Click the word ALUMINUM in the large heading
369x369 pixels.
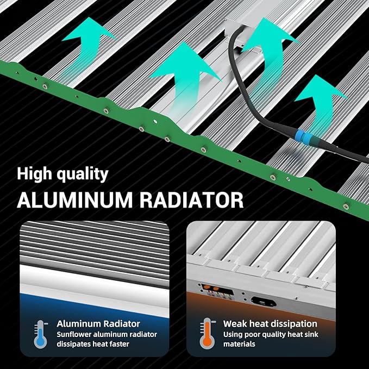point(75,200)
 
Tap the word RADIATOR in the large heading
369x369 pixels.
point(191,200)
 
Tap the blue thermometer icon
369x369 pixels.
point(40,334)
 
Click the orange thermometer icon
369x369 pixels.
point(208,333)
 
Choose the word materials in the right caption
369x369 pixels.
point(239,344)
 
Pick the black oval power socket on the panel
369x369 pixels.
point(264,302)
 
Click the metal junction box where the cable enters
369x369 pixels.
point(243,33)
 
